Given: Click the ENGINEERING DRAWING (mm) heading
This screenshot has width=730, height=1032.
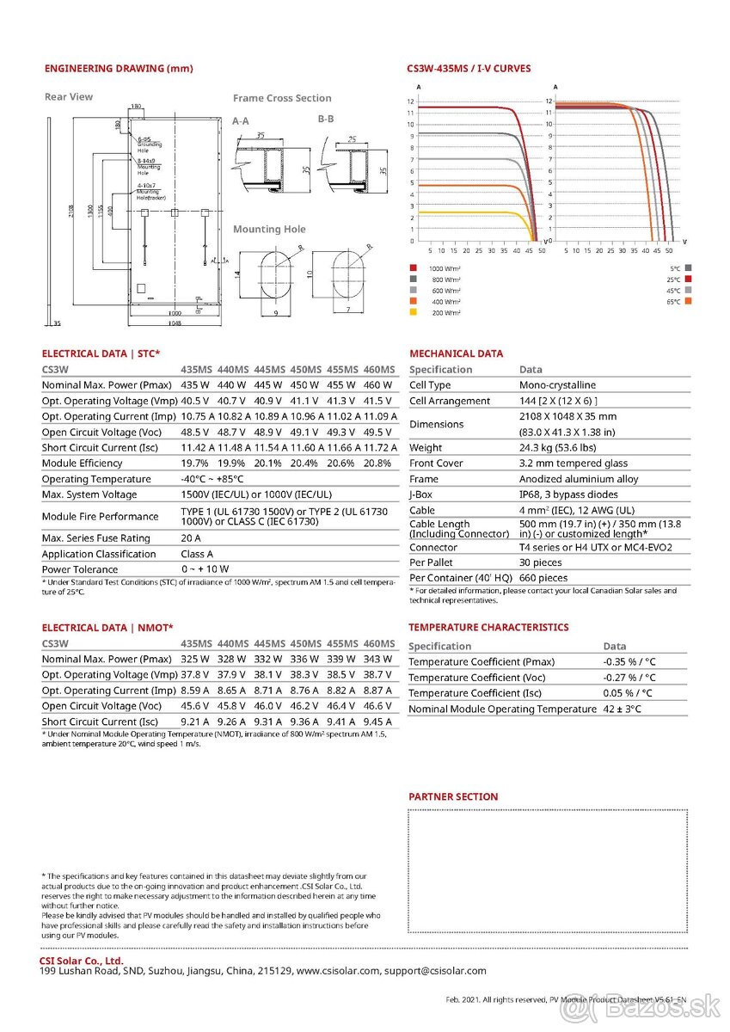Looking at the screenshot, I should [119, 69].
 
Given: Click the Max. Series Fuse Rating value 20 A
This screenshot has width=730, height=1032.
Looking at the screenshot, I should [191, 538].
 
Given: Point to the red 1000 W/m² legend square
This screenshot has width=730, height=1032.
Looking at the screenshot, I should [414, 267].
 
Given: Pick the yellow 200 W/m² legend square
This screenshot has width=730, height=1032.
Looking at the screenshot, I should [414, 312].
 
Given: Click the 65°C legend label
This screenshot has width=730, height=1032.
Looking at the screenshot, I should [672, 301].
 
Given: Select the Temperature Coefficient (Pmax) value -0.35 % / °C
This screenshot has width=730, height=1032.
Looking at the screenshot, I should [629, 662].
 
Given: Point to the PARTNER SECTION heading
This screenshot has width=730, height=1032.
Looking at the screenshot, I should [453, 797].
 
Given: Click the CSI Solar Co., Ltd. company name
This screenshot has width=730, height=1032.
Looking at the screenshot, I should [82, 961].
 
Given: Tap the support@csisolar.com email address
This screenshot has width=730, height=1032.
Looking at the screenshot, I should [435, 971].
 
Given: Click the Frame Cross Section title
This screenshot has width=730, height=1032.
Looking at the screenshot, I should [282, 98].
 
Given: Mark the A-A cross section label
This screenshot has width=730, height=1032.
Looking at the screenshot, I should [241, 121].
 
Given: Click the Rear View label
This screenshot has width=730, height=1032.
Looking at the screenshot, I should [69, 97].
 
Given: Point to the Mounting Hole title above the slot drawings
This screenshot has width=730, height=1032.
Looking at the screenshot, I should [269, 230].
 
